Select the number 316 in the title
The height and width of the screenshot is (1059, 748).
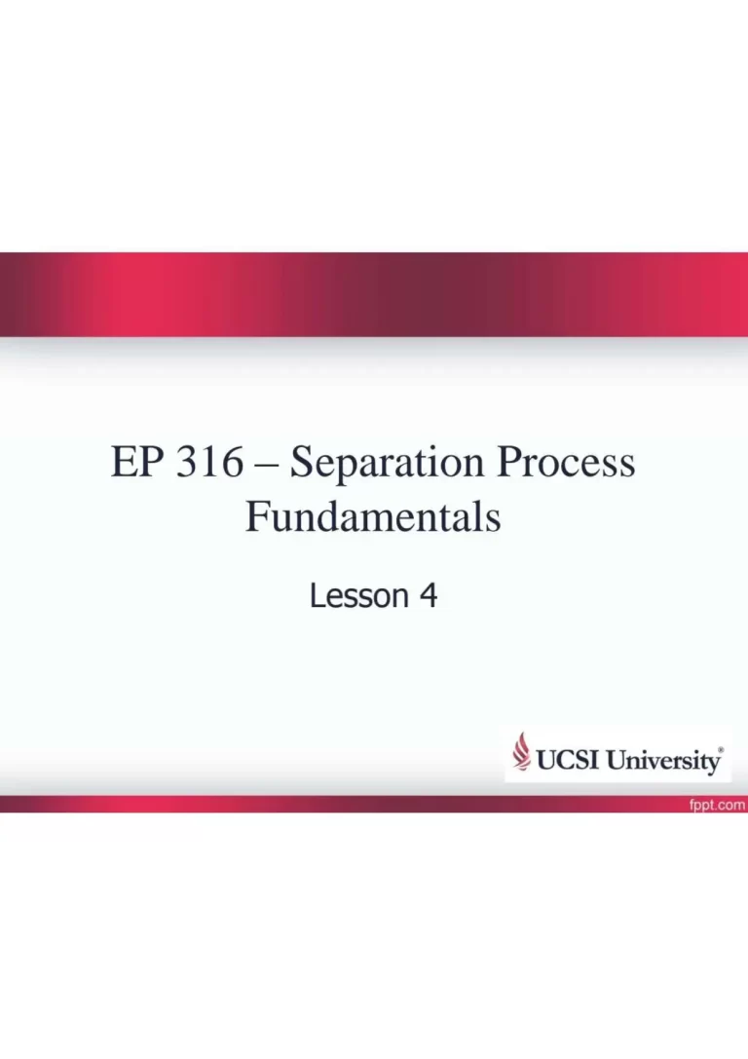(x=209, y=462)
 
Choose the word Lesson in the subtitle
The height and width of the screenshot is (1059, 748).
(x=359, y=595)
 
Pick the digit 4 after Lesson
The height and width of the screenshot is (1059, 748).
(x=429, y=595)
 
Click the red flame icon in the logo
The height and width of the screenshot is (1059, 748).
(x=521, y=751)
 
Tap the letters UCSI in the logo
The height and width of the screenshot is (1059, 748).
(x=568, y=760)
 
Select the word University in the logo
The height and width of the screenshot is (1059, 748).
(x=662, y=761)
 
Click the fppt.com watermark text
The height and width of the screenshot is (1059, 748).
(x=717, y=805)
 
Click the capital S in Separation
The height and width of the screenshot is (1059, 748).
(x=302, y=462)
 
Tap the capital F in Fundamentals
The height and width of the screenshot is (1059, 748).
(x=257, y=516)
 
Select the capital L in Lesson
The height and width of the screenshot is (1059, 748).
(x=318, y=595)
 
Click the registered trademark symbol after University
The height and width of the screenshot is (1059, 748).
(x=721, y=749)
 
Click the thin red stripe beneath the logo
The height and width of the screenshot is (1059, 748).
(x=374, y=804)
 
